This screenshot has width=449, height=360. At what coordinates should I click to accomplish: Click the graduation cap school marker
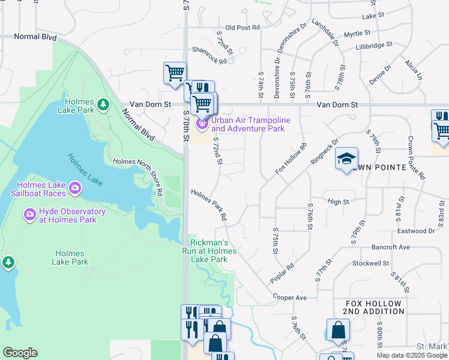click(346, 159)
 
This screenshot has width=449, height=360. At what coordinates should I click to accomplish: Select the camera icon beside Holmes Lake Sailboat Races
click(75, 188)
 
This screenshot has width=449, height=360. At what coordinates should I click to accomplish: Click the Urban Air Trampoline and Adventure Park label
click(250, 124)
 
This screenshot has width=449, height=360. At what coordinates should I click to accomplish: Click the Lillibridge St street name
click(373, 45)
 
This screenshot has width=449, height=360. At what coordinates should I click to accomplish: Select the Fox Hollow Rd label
click(291, 158)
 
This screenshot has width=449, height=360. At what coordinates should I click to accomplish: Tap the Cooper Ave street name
click(289, 298)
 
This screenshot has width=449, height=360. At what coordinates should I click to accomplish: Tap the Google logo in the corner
click(20, 353)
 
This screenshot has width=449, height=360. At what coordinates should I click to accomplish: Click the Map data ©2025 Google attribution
click(412, 355)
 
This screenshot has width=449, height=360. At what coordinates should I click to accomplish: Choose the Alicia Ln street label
click(413, 70)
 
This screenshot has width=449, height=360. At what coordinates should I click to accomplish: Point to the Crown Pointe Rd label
click(416, 158)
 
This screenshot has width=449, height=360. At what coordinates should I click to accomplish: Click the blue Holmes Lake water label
click(87, 168)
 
